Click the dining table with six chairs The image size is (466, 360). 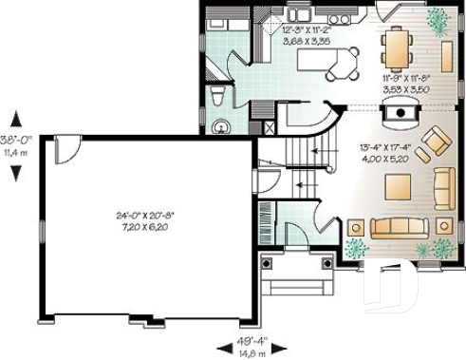coord(396,44)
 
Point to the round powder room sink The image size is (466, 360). coord(223,123)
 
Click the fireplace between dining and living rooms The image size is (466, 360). coord(402,112)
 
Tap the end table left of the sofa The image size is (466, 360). coord(356,227)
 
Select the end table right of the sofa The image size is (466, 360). coord(443,226)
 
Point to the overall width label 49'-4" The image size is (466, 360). coord(252,340)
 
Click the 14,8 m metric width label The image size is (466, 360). coord(251,353)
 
